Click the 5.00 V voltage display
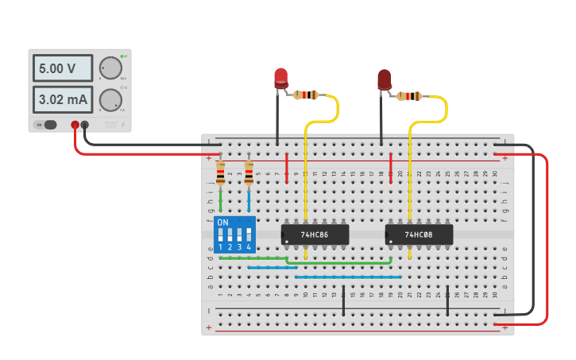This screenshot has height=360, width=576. point(62,69)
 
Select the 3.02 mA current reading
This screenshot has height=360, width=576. point(62,100)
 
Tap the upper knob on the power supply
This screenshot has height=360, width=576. point(110,68)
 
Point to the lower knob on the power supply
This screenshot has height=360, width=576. point(110,99)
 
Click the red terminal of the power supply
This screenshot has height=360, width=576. point(75,124)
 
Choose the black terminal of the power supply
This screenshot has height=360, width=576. point(84,124)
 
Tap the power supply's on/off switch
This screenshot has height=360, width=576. point(48,124)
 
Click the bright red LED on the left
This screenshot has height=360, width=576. point(281,78)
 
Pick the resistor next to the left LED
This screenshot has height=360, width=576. point(305,95)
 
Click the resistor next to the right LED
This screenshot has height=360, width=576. point(409,97)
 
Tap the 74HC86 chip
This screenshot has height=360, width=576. point(315,234)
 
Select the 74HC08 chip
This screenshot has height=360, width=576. point(419,234)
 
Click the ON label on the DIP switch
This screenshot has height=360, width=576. point(222,223)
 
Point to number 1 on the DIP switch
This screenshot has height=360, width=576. point(220,248)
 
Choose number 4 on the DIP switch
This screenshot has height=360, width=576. point(249,248)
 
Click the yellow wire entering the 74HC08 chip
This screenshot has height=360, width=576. point(410,183)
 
